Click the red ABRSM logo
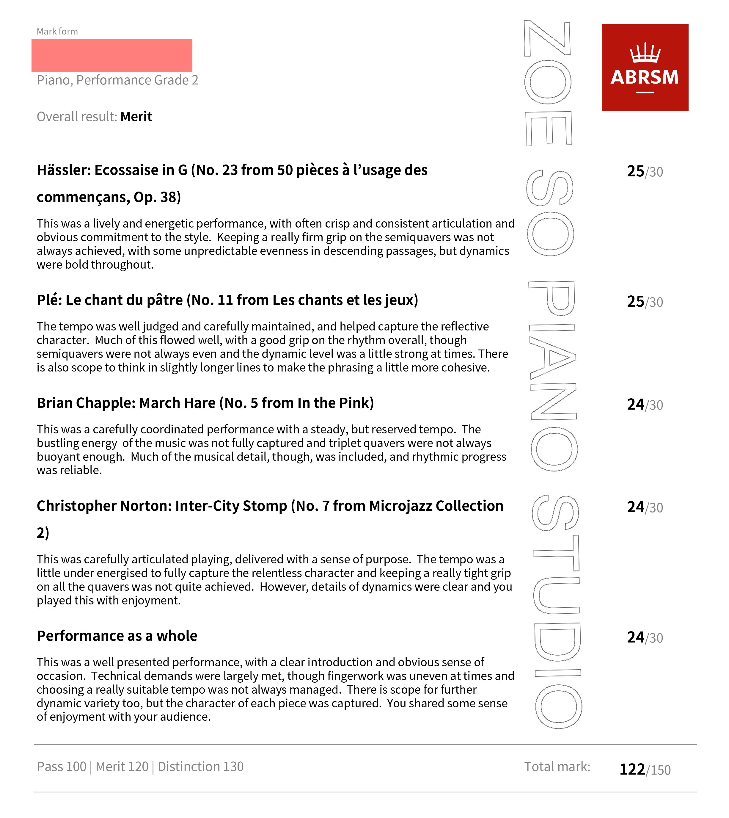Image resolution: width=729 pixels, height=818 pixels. coord(645,67)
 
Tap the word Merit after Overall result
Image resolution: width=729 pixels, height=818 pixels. coord(136,117)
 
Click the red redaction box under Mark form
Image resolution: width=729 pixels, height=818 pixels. coord(112,55)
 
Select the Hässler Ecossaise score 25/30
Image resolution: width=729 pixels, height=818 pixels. coord(645,172)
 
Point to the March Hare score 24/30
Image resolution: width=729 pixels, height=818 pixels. coord(645,405)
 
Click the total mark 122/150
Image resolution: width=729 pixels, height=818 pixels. coord(645,769)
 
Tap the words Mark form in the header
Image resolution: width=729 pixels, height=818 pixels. coord(57,31)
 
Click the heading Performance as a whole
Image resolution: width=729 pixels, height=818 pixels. coord(117,636)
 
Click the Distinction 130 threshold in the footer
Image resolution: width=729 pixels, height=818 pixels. coord(200,766)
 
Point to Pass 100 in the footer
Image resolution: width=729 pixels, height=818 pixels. coord(61,766)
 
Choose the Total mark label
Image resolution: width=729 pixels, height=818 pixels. coord(557,766)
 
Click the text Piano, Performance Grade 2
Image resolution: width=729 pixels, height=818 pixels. coord(117,80)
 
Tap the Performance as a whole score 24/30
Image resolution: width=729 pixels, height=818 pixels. coord(645,637)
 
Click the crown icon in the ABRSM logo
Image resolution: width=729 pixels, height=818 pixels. coord(645,53)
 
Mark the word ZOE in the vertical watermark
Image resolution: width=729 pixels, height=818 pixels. coord(548,83)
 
